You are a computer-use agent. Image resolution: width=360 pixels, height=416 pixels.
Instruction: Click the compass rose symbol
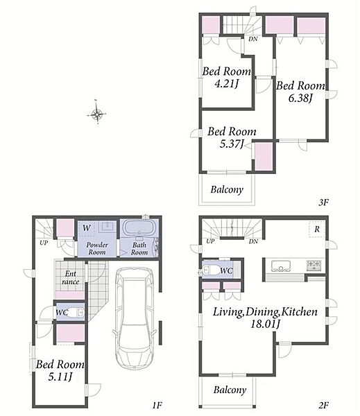pyautogui.click(x=97, y=114)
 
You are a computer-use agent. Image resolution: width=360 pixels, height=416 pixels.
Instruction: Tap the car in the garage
pyautogui.click(x=135, y=318)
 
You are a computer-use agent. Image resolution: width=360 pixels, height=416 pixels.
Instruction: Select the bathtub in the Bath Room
pyautogui.click(x=139, y=228)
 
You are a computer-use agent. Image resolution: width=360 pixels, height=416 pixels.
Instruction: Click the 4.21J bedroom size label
pyautogui.click(x=226, y=84)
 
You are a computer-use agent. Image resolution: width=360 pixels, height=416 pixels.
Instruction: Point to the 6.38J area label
pyautogui.click(x=300, y=98)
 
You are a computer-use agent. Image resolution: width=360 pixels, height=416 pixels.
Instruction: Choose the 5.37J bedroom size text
pyautogui.click(x=232, y=144)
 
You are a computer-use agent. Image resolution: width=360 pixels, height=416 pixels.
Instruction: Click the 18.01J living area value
pyautogui.click(x=266, y=324)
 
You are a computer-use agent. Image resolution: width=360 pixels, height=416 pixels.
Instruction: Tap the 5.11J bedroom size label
pyautogui.click(x=60, y=376)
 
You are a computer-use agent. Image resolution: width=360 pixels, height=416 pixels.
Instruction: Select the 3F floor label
pyautogui.click(x=323, y=202)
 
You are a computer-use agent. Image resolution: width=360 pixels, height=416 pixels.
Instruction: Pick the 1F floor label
pyautogui.click(x=157, y=406)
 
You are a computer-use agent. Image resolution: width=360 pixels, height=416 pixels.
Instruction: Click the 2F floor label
pyautogui.click(x=324, y=406)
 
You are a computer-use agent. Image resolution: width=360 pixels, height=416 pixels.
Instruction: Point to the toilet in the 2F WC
pyautogui.click(x=210, y=270)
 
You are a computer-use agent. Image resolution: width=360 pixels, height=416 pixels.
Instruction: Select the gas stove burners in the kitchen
pyautogui.click(x=314, y=266)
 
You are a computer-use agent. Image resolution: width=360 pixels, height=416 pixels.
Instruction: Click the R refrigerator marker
pyautogui.click(x=317, y=229)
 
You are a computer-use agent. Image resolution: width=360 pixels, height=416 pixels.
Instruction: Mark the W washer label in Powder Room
pyautogui.click(x=87, y=228)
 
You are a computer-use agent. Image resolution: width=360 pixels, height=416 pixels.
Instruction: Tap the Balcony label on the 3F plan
pyautogui.click(x=227, y=189)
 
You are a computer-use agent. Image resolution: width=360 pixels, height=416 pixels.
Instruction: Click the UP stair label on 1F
pyautogui.click(x=44, y=243)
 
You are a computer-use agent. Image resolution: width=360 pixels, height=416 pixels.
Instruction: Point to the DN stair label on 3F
pyautogui.click(x=253, y=39)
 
